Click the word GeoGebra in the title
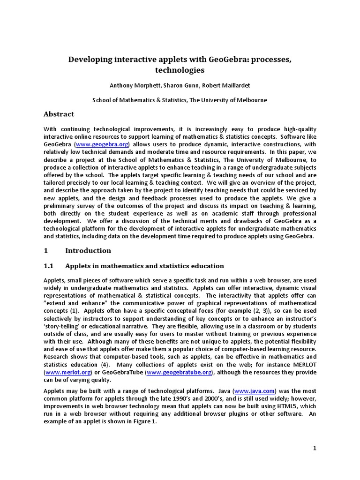215,60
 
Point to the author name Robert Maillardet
227,85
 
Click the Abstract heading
59,114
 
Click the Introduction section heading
88,250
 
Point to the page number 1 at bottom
315,448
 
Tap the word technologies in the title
180,70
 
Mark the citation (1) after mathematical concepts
75,311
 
